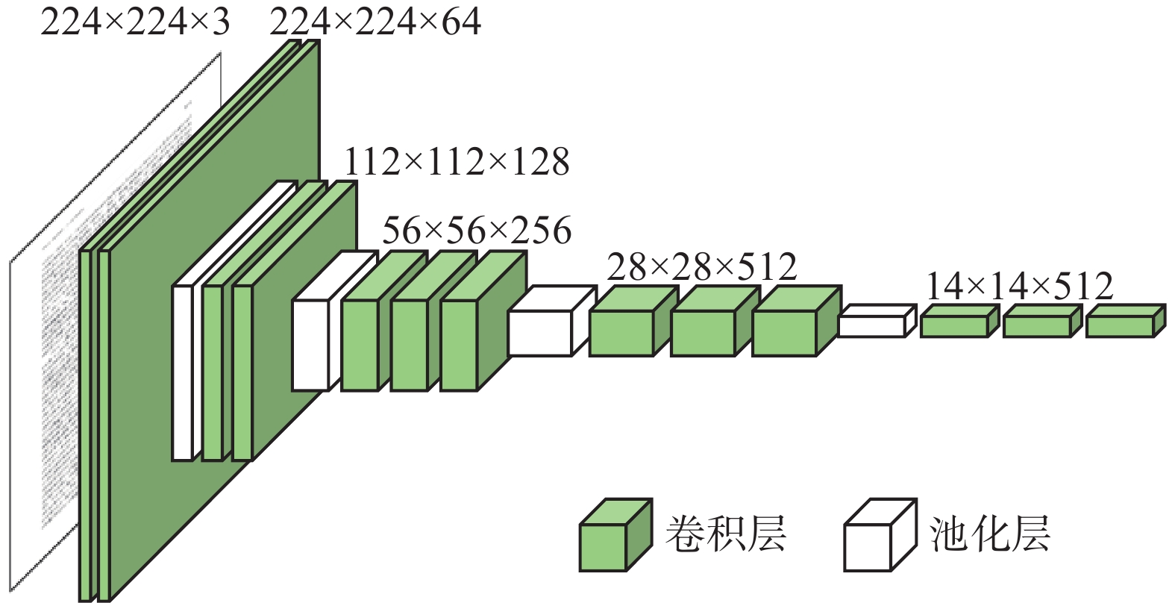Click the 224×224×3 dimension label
click(x=135, y=22)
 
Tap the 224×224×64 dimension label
click(x=375, y=22)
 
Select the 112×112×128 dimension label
click(x=457, y=161)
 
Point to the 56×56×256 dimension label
click(x=477, y=230)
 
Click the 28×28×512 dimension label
click(x=702, y=266)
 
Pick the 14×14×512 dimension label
click(x=1020, y=285)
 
